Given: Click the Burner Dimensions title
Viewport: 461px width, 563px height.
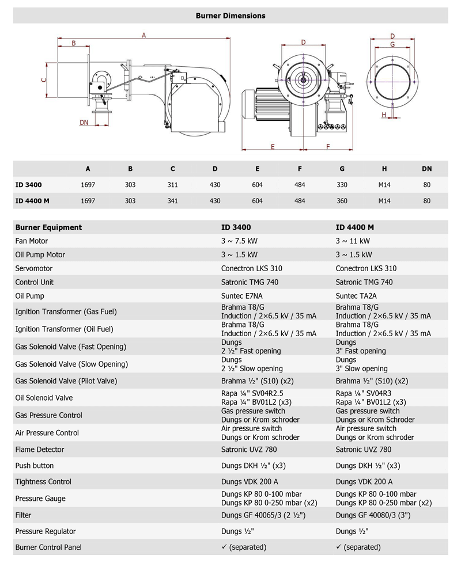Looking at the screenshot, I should click(231, 16).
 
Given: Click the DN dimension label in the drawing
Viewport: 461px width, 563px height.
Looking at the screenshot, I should click(84, 122).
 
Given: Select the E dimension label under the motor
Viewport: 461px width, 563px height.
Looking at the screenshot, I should click(271, 146).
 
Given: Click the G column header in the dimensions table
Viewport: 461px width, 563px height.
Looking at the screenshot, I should click(342, 169).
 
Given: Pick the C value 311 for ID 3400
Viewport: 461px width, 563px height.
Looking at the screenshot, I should click(173, 185).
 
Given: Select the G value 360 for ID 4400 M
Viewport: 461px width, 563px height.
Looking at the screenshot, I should click(342, 201).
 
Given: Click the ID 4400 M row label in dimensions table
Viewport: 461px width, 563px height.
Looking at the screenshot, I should click(32, 201).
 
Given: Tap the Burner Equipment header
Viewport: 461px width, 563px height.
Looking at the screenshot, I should click(48, 227).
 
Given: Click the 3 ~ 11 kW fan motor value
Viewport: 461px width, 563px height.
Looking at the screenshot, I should click(353, 241).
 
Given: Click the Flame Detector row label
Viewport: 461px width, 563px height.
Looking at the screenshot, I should click(40, 450).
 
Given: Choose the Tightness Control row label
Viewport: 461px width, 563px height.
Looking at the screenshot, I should click(43, 482).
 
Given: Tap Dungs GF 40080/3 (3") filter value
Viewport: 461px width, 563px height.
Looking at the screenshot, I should click(373, 515).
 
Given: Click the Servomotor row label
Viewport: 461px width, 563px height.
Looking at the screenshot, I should click(36, 268).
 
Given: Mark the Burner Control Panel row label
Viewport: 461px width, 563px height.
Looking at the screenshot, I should click(48, 547).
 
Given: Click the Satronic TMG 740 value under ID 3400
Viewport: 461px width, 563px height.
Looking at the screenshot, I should click(250, 282).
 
